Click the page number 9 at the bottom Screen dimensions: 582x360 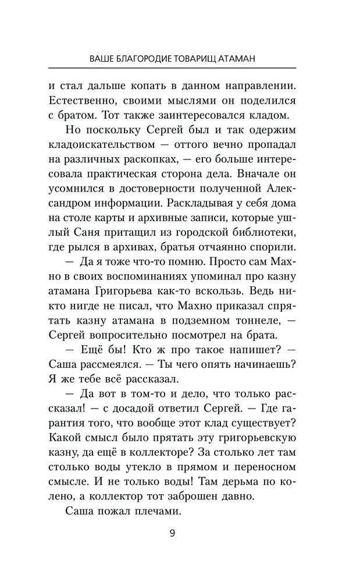(180, 534)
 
